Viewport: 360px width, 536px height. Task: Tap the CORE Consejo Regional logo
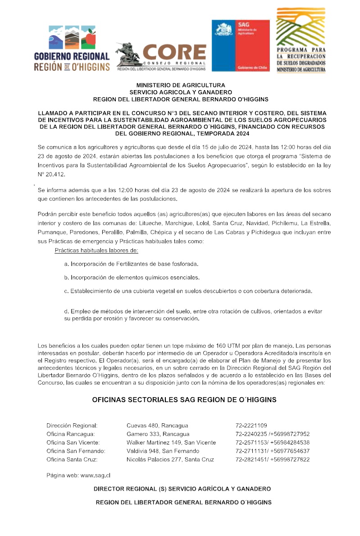tap(161, 57)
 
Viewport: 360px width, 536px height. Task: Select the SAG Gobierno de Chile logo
tap(241, 45)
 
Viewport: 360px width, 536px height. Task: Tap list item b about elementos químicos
tap(132, 277)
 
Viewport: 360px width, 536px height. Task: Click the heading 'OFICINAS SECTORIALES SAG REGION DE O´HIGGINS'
tap(184, 400)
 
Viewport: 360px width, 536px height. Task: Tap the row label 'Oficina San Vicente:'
tap(73, 443)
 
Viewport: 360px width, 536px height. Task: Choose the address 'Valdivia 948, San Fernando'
tap(163, 451)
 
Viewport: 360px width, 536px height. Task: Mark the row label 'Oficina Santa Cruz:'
tap(72, 460)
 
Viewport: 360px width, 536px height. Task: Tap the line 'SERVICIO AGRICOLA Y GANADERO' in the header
tap(180, 92)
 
